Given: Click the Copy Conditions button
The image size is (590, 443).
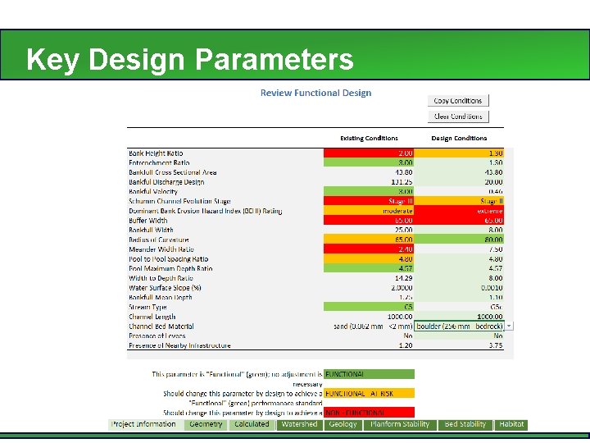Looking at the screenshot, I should click(458, 101).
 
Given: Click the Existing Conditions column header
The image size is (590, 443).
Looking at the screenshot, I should click(369, 138).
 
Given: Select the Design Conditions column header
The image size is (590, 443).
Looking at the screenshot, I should click(459, 138).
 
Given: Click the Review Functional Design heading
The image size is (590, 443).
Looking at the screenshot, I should click(315, 93).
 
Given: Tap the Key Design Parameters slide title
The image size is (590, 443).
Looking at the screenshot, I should click(189, 60).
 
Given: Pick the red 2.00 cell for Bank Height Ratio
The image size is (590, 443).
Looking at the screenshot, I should click(370, 153).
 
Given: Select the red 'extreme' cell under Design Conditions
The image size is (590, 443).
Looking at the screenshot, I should click(460, 211).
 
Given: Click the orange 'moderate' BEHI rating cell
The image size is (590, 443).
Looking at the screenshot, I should click(370, 211).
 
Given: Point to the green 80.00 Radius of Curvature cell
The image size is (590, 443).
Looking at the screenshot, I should click(460, 240).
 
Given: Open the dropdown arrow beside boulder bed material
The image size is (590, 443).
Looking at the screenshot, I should click(511, 326).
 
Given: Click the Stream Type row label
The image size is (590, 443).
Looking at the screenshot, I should click(147, 307).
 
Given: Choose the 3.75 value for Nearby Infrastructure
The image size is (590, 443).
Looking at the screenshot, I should click(460, 345).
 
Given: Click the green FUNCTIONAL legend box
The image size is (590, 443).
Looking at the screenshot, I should click(369, 374).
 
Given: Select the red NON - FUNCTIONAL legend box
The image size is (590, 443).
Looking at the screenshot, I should click(369, 412).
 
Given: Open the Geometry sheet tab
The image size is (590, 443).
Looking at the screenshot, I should click(206, 424).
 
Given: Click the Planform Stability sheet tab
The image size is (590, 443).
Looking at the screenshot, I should click(400, 424).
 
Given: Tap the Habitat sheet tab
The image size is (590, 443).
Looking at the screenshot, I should click(511, 424).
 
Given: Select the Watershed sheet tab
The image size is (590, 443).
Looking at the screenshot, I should click(298, 424).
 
